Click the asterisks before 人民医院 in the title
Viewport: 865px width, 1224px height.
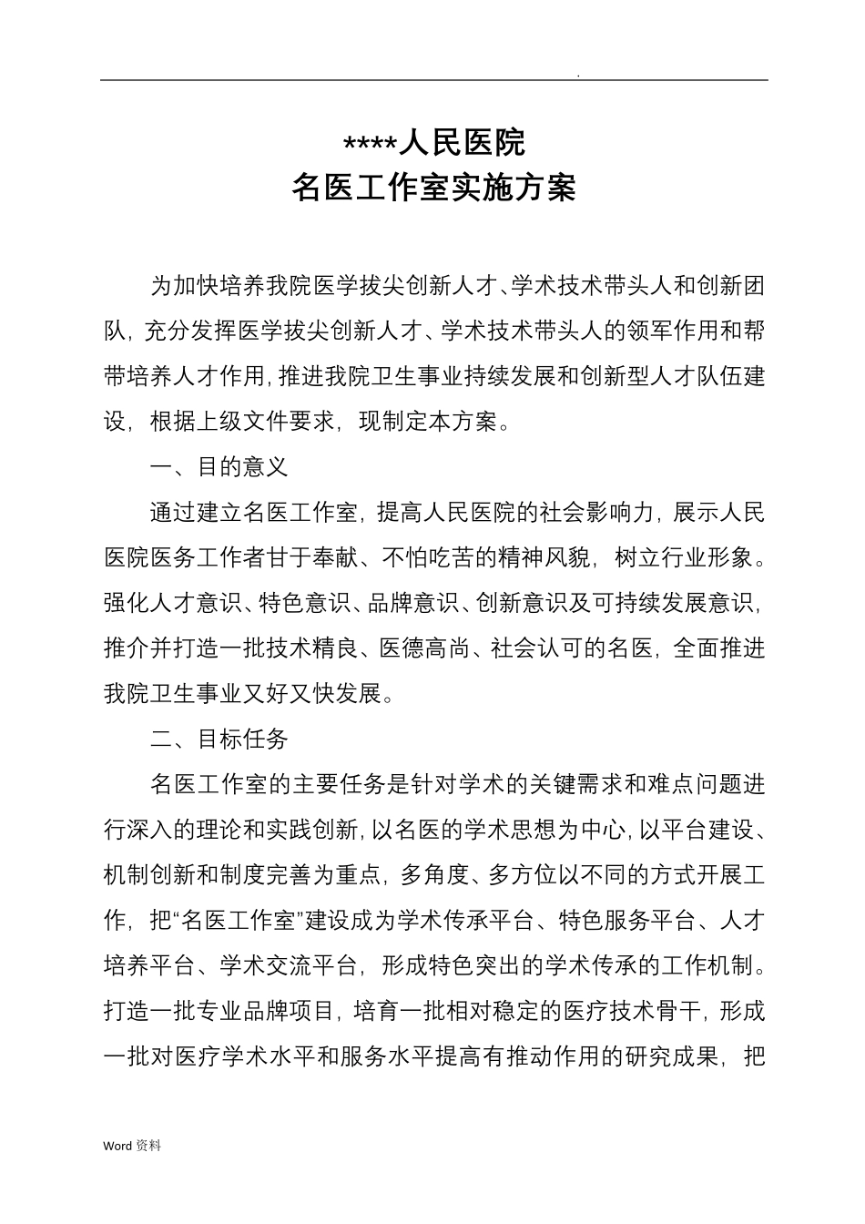click(x=370, y=145)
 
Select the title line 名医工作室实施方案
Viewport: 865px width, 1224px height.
click(x=433, y=189)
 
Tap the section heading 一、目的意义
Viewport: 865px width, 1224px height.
click(x=219, y=467)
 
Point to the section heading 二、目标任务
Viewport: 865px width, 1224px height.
click(x=219, y=739)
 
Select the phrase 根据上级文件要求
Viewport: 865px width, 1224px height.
click(x=242, y=422)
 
